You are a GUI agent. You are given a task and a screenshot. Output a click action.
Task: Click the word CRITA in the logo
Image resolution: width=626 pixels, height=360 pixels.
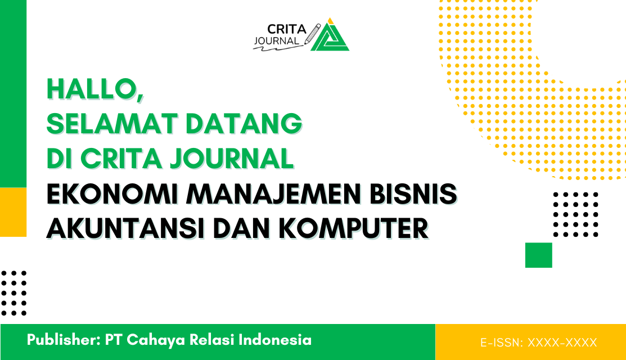click(285, 29)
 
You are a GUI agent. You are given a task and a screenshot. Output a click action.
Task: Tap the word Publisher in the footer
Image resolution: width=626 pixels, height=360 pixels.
click(60, 340)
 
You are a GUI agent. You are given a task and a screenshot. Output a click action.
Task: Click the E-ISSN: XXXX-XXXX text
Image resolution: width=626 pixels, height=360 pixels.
click(538, 342)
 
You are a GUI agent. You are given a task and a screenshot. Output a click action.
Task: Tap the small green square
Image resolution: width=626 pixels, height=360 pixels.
click(538, 255)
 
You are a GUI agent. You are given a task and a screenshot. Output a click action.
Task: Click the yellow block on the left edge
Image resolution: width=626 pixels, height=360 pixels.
click(13, 212)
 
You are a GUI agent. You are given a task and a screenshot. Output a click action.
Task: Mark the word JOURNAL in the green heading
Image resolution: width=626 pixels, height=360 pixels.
click(232, 159)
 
